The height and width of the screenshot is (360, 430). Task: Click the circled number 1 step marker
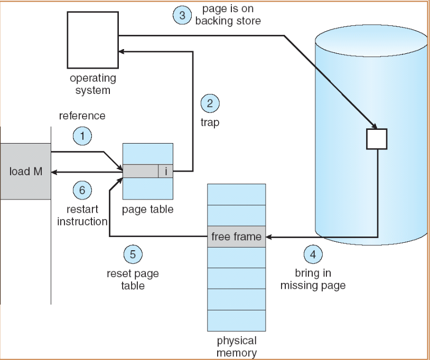tap(82, 137)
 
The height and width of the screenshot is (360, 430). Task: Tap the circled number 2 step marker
tap(210, 103)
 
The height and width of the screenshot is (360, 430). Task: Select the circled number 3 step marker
tap(182, 15)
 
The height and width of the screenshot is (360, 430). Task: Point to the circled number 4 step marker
tap(313, 254)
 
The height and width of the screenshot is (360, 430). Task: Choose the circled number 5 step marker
tap(133, 255)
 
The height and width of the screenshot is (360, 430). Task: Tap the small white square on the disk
tap(377, 139)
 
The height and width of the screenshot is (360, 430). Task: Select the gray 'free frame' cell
tap(236, 236)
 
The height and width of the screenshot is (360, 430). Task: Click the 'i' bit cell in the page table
tap(165, 171)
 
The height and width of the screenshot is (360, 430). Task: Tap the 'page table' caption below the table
tap(147, 210)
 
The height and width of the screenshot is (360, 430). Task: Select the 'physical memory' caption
tap(237, 346)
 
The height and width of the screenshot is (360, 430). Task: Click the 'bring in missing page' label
tap(313, 280)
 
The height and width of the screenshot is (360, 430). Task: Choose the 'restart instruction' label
tap(82, 215)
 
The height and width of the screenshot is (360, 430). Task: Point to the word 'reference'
tap(82, 116)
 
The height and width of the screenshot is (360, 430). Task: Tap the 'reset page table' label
tap(133, 280)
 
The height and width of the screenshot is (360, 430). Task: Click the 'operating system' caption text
tap(92, 84)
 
